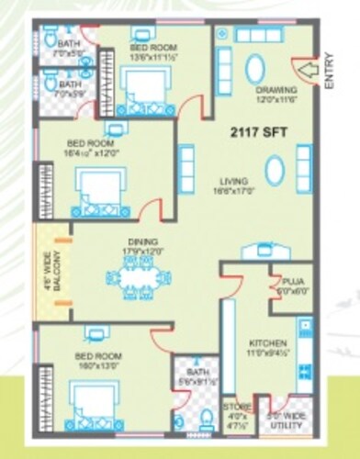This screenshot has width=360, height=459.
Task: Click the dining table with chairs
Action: [139, 276]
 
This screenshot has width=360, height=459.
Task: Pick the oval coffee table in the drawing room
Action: [255, 70]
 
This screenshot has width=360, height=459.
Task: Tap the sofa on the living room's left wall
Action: [186, 166]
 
